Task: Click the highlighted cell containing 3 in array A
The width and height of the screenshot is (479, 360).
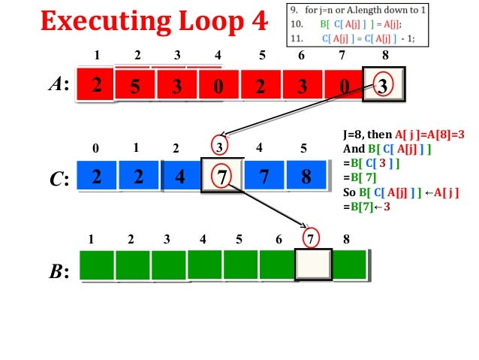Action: click(x=383, y=85)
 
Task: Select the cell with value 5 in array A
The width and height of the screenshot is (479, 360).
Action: click(x=136, y=86)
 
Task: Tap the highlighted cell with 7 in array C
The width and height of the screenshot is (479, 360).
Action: click(x=222, y=177)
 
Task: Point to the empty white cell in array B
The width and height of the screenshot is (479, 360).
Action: click(x=313, y=265)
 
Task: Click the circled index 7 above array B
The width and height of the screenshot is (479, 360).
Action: click(x=312, y=240)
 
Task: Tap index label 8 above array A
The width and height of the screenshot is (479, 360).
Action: click(x=385, y=55)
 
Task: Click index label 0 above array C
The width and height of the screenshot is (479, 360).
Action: click(x=95, y=149)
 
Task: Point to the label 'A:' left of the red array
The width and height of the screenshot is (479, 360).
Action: click(x=59, y=85)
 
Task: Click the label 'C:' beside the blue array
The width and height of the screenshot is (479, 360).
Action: click(x=60, y=178)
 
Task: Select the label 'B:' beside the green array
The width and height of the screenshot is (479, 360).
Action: click(x=59, y=271)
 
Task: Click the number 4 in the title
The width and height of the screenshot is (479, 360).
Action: click(x=258, y=20)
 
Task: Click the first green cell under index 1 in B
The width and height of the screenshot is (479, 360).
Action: click(x=97, y=265)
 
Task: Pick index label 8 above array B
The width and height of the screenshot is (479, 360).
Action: click(x=346, y=241)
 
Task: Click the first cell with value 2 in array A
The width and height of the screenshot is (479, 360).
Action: click(x=96, y=85)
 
